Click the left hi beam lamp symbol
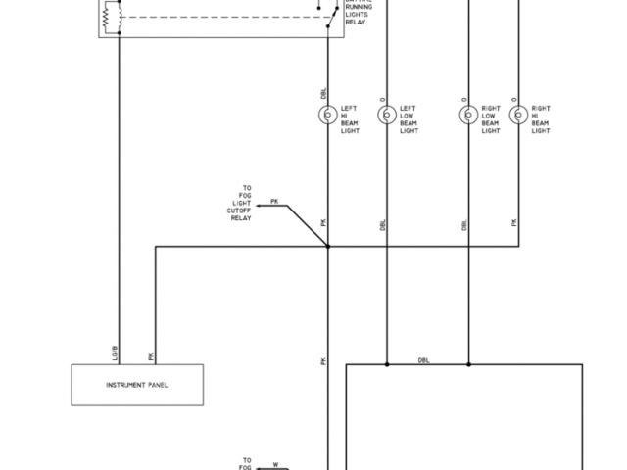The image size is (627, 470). pyautogui.click(x=328, y=115)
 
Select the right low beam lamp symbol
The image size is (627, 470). pyautogui.click(x=468, y=115)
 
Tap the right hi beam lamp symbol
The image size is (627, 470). pyautogui.click(x=518, y=115)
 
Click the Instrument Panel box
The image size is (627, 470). pyautogui.click(x=137, y=385)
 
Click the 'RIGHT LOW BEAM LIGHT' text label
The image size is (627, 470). pyautogui.click(x=491, y=118)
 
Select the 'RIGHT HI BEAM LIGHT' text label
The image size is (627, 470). pyautogui.click(x=541, y=118)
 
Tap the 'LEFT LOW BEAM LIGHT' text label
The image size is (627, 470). pyautogui.click(x=408, y=118)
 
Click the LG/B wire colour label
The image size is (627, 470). pyautogui.click(x=116, y=350)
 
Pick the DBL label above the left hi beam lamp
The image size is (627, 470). pyautogui.click(x=324, y=94)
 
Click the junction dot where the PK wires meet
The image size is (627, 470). pyautogui.click(x=328, y=247)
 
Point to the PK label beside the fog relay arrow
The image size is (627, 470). pyautogui.click(x=274, y=201)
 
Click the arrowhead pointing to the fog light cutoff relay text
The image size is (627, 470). pyautogui.click(x=261, y=206)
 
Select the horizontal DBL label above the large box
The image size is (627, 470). pyautogui.click(x=423, y=360)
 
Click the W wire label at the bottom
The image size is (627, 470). pyautogui.click(x=275, y=464)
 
